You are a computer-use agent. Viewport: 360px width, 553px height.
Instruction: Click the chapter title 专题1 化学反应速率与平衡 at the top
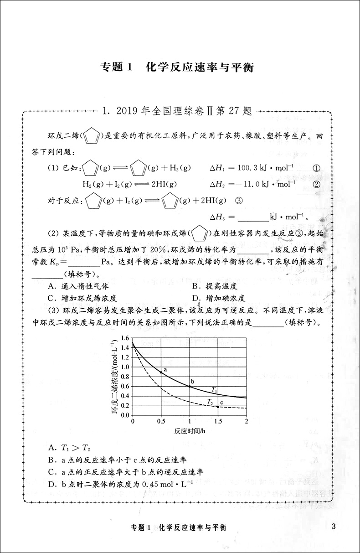pyautogui.click(x=176, y=68)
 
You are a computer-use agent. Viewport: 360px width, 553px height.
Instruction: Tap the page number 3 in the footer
pyautogui.click(x=334, y=527)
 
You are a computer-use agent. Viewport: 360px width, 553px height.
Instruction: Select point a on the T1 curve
pyautogui.click(x=161, y=372)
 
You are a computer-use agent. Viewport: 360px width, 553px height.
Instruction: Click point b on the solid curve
pyautogui.click(x=190, y=387)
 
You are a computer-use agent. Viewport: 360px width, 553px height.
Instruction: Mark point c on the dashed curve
pyautogui.click(x=218, y=406)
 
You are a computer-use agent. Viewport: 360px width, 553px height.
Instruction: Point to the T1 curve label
pyautogui.click(x=214, y=389)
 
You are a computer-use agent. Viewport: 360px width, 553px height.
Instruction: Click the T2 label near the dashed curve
pyautogui.click(x=210, y=401)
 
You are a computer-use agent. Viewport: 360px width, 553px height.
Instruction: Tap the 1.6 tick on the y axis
pyautogui.click(x=124, y=338)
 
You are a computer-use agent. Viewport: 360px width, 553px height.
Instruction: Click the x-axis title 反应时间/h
pyautogui.click(x=190, y=430)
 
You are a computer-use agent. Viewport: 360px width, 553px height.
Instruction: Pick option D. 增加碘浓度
pyautogui.click(x=218, y=299)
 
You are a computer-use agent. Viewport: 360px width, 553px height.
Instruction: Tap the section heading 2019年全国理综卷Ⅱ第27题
pyautogui.click(x=177, y=110)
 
